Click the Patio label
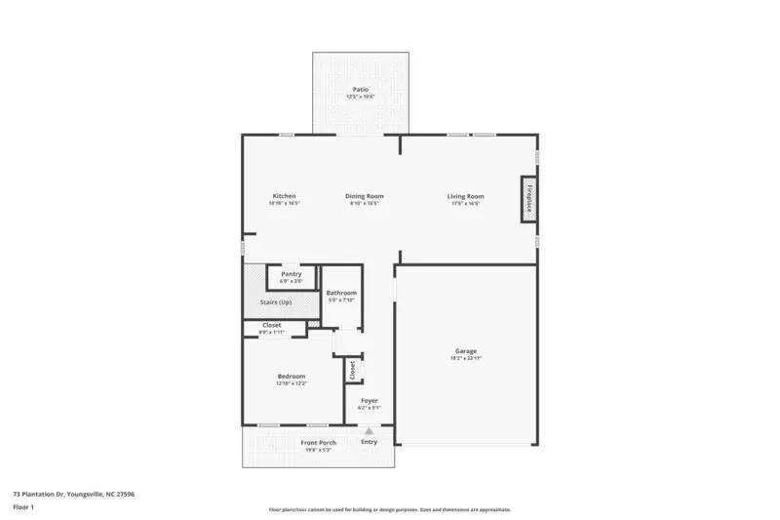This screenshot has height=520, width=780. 360,90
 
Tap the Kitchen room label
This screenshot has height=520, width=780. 284,196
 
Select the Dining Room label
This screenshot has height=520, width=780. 364,196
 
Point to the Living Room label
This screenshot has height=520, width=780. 466,196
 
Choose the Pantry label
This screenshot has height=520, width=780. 292,274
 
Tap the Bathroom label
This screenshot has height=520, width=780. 341,293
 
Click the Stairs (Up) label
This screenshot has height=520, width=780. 276,302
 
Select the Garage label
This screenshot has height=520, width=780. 466,351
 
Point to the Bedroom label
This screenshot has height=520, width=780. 292,377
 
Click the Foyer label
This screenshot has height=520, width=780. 370,400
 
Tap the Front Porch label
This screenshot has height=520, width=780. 318,443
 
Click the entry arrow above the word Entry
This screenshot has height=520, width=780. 370,430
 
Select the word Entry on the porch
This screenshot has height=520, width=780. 370,443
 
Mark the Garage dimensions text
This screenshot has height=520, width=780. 466,358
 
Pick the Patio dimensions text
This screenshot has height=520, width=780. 360,97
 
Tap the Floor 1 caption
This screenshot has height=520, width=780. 23,507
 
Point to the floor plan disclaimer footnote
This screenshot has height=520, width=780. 389,509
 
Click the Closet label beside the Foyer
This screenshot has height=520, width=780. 351,371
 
